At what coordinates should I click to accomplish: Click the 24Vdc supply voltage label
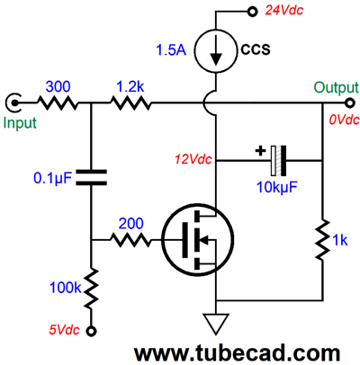(x=283, y=11)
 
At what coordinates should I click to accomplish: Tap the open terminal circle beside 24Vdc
(x=252, y=12)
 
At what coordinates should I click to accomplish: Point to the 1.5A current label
(x=171, y=49)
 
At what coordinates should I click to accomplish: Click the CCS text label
(x=256, y=49)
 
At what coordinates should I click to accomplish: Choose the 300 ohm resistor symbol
(x=57, y=103)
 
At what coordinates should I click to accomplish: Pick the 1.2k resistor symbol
(x=130, y=103)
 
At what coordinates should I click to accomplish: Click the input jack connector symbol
(x=13, y=103)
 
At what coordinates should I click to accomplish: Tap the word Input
(x=20, y=123)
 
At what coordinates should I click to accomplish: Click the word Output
(x=336, y=87)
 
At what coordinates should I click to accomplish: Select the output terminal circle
(x=349, y=103)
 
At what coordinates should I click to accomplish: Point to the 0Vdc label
(x=344, y=120)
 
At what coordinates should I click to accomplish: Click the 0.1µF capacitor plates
(x=91, y=177)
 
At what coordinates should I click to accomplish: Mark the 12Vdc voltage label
(x=193, y=159)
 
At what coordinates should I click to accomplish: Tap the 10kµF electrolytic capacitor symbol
(x=278, y=161)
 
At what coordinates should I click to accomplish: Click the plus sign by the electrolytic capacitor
(x=260, y=150)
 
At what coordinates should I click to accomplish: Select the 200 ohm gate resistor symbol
(x=130, y=240)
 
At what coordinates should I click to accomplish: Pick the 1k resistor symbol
(x=322, y=240)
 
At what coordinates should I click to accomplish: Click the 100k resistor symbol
(x=91, y=289)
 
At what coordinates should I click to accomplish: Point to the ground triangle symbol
(x=215, y=324)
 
